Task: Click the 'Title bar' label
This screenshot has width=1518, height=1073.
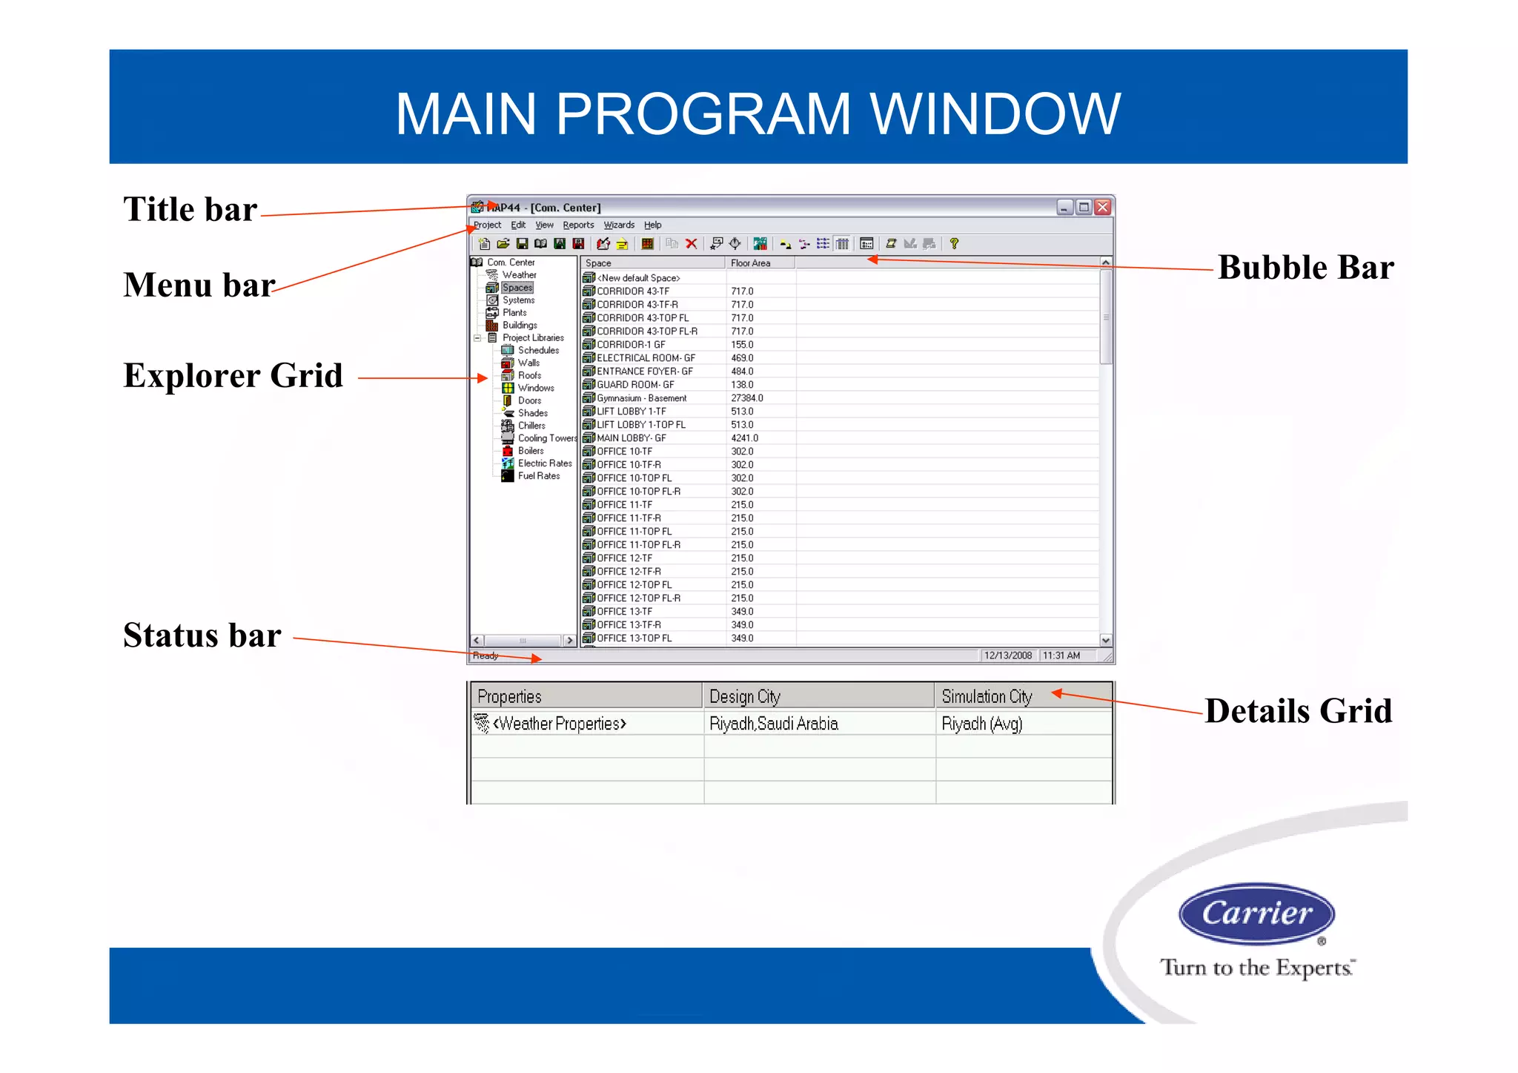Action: click(x=190, y=210)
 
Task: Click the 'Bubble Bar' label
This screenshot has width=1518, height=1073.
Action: click(x=1305, y=268)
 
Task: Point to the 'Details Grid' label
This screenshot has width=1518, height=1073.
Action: click(x=1298, y=711)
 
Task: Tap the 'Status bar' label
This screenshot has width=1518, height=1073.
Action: click(x=202, y=636)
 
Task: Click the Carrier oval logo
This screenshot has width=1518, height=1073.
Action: click(x=1256, y=914)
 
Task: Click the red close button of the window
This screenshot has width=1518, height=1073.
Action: click(x=1103, y=208)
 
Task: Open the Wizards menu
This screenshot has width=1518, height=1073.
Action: click(x=618, y=225)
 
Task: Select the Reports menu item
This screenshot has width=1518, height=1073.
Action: click(x=578, y=225)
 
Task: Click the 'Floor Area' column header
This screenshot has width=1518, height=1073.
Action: click(x=750, y=263)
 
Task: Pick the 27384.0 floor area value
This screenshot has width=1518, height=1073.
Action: click(x=746, y=398)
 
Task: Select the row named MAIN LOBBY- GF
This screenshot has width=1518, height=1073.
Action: click(x=631, y=438)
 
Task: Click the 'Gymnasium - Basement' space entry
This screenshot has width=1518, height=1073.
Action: click(x=641, y=398)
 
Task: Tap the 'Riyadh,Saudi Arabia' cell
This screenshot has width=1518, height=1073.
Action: click(x=773, y=724)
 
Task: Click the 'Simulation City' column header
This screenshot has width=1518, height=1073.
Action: click(x=986, y=697)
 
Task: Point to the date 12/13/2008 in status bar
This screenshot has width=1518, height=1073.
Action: click(x=1007, y=656)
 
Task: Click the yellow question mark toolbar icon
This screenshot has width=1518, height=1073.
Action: click(x=954, y=244)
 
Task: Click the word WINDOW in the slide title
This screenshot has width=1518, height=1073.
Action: click(x=995, y=114)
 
